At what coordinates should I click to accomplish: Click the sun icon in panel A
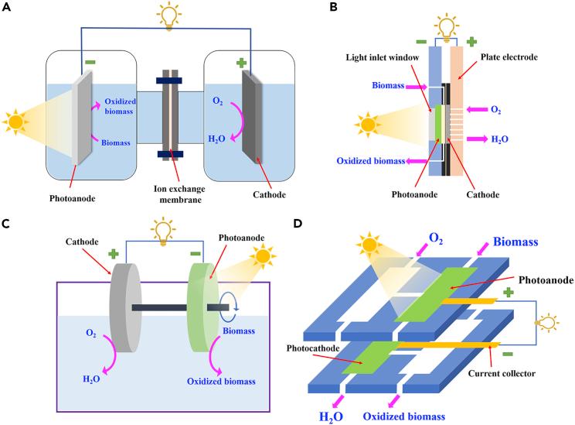coord(15,122)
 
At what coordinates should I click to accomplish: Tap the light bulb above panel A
coord(169,15)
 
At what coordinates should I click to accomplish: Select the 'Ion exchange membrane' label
coord(179,194)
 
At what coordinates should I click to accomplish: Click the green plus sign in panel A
coord(241,63)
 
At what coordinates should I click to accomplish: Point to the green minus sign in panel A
coord(90,63)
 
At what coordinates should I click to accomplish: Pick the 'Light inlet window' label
coord(382,57)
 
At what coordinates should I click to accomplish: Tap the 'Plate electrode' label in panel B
coord(509,57)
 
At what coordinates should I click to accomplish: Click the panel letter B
coord(333,7)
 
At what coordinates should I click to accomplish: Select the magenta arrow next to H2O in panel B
coord(477,139)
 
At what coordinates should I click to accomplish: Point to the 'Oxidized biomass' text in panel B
coord(371,161)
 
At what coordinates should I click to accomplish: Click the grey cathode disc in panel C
coord(125,307)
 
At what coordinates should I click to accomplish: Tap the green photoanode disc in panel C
coord(202,307)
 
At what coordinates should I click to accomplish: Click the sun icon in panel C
coord(263,256)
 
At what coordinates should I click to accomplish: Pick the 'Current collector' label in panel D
coord(502,374)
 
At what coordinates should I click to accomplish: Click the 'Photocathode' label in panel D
coord(313,348)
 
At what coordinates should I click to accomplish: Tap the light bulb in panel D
coord(547,323)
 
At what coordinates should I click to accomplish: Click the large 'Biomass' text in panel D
coord(515,242)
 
